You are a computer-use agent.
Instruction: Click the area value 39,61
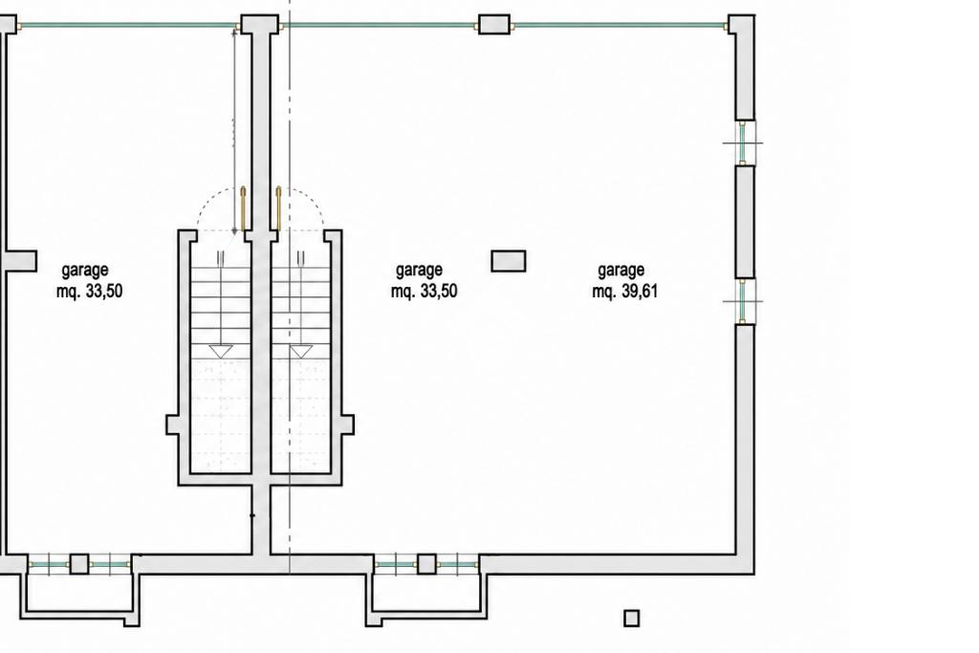[x=640, y=292]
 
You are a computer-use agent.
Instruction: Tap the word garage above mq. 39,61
[x=621, y=271]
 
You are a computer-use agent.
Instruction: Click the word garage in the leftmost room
[x=85, y=271]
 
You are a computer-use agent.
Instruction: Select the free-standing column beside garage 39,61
[x=509, y=261]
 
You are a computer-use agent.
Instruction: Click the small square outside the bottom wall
[x=631, y=618]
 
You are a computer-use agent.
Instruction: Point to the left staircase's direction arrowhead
[x=221, y=352]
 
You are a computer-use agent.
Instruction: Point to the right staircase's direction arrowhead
[x=301, y=352]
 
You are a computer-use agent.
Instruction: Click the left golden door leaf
[x=244, y=208]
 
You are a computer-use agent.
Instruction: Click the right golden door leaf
[x=278, y=208]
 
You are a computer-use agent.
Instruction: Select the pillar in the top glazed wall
[x=494, y=25]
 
